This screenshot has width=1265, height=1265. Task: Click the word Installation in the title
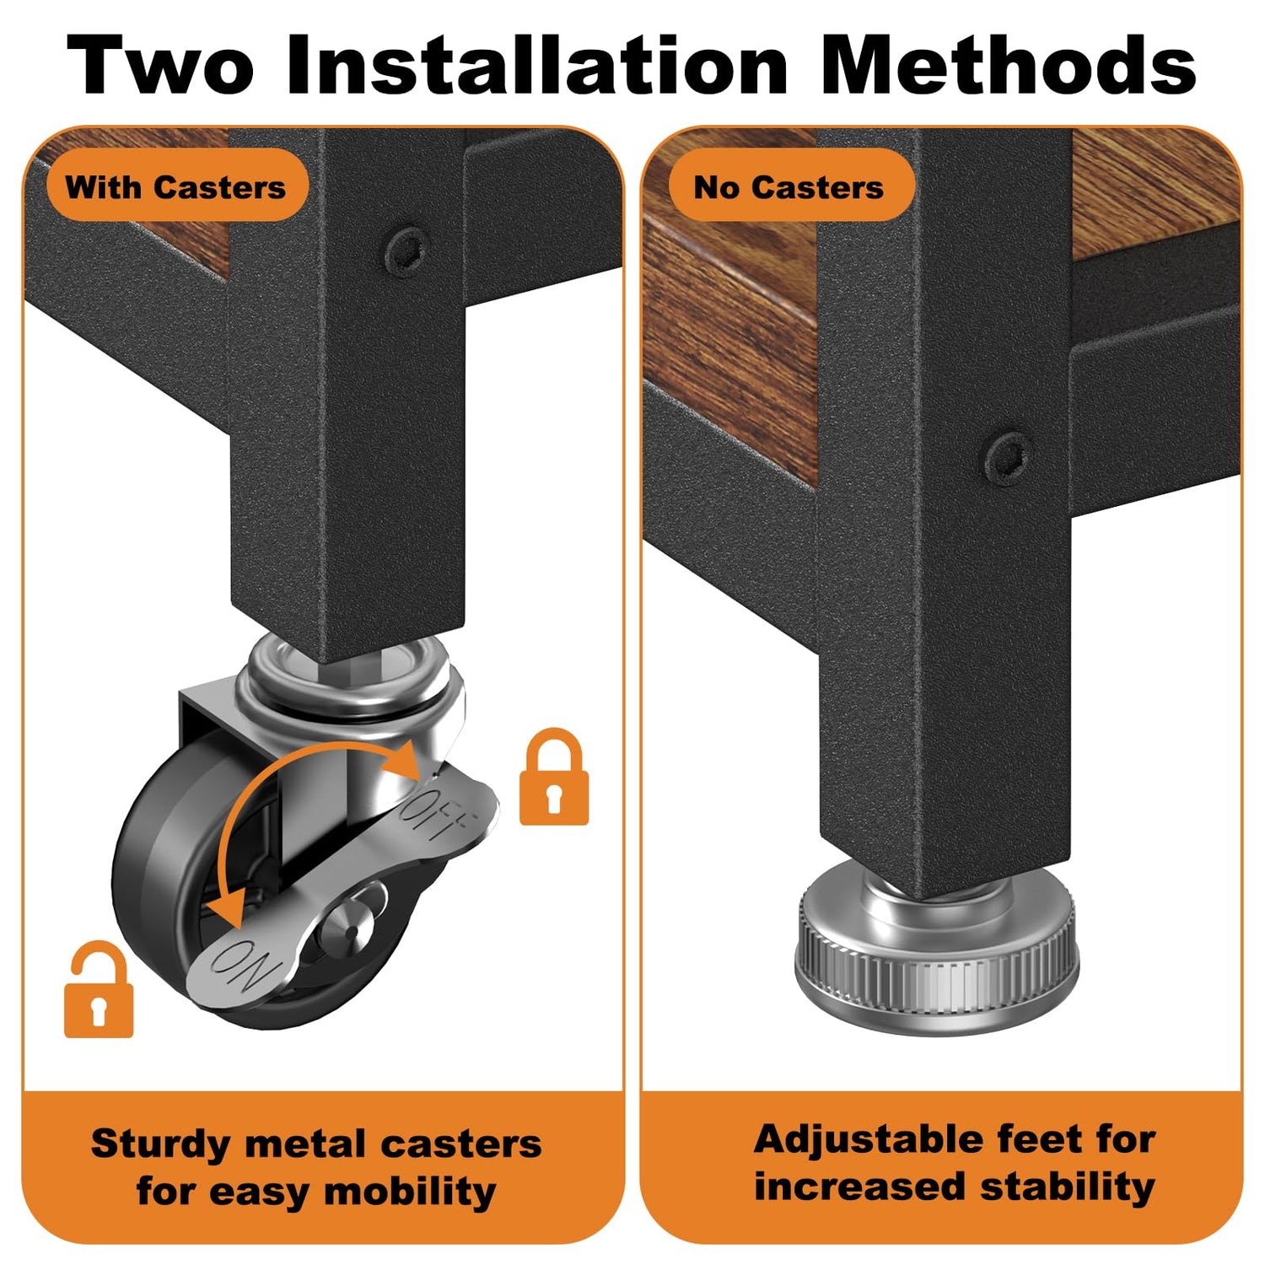pyautogui.click(x=537, y=65)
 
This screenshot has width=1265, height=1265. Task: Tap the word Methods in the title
pyautogui.click(x=1009, y=65)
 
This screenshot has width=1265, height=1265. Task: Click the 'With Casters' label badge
pyautogui.click(x=176, y=186)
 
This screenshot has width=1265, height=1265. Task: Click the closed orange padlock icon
pyautogui.click(x=553, y=777)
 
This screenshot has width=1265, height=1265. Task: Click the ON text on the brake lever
pyautogui.click(x=242, y=966)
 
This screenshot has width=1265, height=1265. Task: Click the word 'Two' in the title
pyautogui.click(x=160, y=65)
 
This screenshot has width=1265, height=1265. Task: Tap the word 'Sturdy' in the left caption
pyautogui.click(x=160, y=1145)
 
